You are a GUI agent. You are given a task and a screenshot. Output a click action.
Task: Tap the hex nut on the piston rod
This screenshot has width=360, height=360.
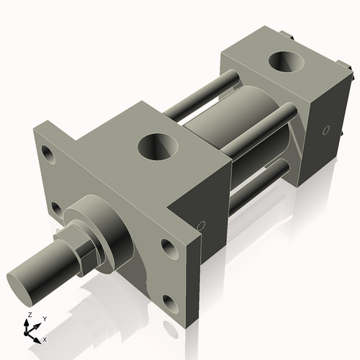[81, 248]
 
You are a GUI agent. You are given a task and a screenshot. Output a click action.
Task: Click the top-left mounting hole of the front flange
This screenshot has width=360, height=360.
[48, 153]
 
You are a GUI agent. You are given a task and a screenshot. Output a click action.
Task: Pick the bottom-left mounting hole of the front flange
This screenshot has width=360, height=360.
[56, 209]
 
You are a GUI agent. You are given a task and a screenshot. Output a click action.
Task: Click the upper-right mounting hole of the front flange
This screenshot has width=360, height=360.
[168, 248]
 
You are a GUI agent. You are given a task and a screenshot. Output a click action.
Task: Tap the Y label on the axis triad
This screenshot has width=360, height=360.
[44, 318]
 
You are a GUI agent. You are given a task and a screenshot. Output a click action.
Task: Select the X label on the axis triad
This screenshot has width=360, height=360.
[45, 339]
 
